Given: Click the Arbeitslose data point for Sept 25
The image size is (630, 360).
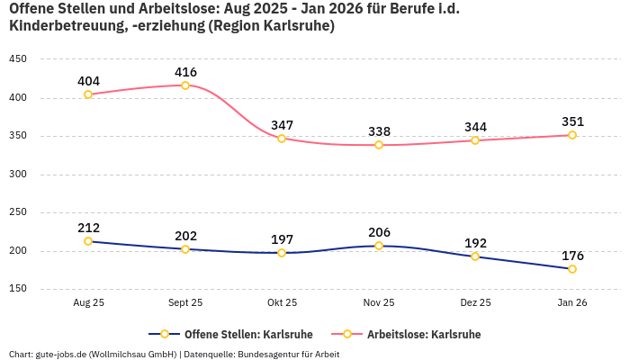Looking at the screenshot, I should pos(185,85).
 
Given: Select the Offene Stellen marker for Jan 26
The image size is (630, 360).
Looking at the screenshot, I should pos(572,269).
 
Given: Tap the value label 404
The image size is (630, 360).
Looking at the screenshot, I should pos(88,81).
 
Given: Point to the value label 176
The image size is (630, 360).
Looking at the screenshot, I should pos(572,256).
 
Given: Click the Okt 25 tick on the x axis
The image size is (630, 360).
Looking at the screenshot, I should pos(282,302).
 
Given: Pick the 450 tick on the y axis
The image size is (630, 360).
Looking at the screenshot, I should pos(18,59).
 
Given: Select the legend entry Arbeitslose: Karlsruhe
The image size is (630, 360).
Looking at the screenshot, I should pos(423,334).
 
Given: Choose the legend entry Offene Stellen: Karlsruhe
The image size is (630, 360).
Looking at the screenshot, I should pos(236,334).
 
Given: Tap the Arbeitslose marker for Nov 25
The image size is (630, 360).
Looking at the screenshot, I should pos(379,145).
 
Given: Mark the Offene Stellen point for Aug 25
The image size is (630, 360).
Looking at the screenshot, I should pos(88,241).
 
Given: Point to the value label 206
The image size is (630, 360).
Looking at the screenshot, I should pos(379,232).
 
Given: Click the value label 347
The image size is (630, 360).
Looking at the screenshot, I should pos(282,125).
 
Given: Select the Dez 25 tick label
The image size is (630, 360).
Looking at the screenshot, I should pos(475,302).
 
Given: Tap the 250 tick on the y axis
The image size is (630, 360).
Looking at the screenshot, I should pos(18,212).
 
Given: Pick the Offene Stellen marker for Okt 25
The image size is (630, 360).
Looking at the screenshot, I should pos(282,253).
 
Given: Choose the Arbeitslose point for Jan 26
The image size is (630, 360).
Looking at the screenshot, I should pos(572,135).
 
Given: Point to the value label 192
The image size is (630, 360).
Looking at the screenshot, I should pos(475,243).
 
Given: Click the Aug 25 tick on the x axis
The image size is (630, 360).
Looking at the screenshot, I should pos(88,302).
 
